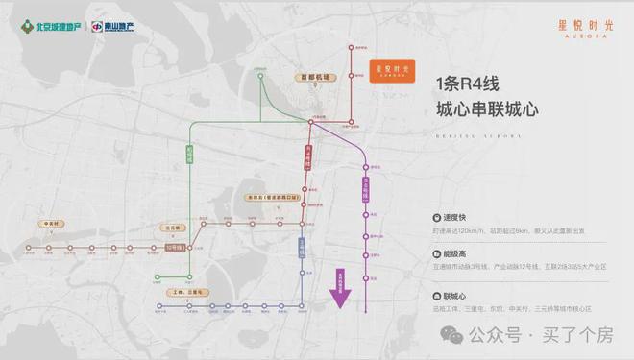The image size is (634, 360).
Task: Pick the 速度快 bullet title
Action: (x=458, y=216)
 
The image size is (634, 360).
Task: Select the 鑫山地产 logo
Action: (x=112, y=26)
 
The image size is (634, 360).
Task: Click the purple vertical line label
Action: (x=366, y=186)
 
